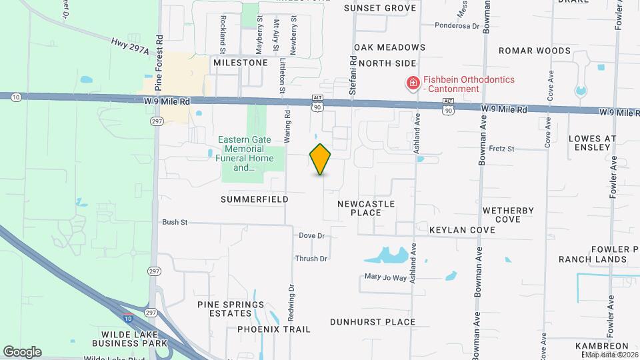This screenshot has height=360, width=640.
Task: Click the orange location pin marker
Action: click(x=320, y=159)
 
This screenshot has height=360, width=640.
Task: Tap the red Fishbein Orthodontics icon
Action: click(x=413, y=84)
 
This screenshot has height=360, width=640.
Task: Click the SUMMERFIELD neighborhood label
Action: click(x=255, y=199)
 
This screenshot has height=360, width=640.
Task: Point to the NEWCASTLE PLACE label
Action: click(x=366, y=208)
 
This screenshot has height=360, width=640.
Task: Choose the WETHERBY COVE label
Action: click(x=509, y=215)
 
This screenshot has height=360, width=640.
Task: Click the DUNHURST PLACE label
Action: click(x=373, y=322)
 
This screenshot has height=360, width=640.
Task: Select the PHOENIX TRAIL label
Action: click(x=274, y=329)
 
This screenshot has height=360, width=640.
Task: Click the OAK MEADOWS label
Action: click(x=389, y=47)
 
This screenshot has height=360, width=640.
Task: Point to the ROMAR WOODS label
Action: click(x=535, y=51)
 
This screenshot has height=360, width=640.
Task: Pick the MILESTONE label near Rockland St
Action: click(x=240, y=63)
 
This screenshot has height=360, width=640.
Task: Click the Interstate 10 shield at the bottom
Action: click(x=127, y=319)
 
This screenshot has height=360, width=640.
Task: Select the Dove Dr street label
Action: click(x=311, y=236)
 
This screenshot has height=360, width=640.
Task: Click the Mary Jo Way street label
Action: click(x=385, y=277)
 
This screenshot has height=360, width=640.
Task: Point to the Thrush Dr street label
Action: click(x=311, y=259)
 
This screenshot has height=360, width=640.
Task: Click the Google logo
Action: click(x=22, y=351)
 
